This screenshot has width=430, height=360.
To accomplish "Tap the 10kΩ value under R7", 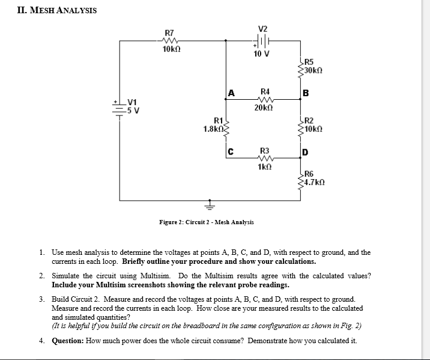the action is point(171,49).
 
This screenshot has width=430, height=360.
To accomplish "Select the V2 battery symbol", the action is point(262,41).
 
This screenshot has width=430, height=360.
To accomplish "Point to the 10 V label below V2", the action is point(261,53).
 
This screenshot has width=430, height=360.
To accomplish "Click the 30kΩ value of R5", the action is point(313,70).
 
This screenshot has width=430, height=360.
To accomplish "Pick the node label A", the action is point(231,93).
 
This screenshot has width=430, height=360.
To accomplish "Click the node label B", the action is point(306,93).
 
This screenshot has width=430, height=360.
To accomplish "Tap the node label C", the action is point(231,151).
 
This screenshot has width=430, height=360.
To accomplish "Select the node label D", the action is point(305,152).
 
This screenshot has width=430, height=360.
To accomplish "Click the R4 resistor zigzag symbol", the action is point(265,99).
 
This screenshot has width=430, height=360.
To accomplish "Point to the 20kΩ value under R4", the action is point(264,108).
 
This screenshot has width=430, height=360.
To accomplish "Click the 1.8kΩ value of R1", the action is point(213,129).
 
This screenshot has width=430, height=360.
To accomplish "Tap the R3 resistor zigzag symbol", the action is point(265,158).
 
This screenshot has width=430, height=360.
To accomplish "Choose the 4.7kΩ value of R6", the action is point(315,182).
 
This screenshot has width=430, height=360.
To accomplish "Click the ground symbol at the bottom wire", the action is point(210,205).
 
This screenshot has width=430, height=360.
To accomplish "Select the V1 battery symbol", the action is point(120,108).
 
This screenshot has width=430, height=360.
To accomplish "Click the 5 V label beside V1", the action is point(133,111).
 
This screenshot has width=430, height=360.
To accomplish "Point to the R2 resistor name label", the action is point(309,120).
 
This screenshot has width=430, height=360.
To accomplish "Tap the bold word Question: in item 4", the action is point(68,341).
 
